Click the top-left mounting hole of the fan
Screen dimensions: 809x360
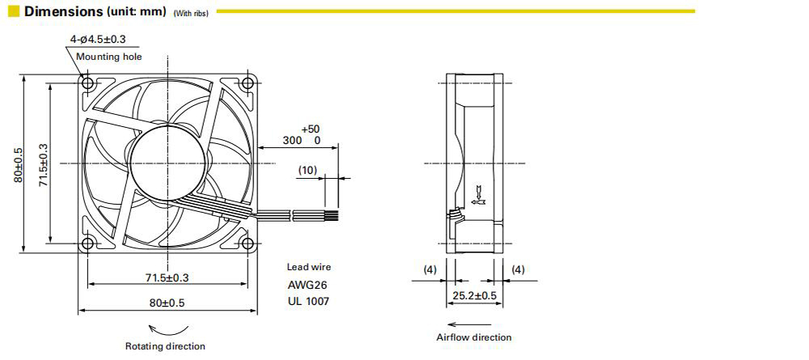coord(87,83)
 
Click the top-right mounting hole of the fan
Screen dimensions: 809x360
coord(248,83)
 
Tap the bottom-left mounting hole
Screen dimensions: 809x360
coord(87,243)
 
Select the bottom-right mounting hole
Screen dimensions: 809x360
coord(248,243)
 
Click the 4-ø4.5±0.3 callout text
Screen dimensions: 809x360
coord(98,40)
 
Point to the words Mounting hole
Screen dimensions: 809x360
coord(109,56)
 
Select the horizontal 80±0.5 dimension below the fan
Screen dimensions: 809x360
coord(167,303)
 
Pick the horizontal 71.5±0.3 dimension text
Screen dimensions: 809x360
coord(167,277)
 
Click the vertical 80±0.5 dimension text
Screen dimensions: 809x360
coord(19,164)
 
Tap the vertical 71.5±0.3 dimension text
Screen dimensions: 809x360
coord(44,164)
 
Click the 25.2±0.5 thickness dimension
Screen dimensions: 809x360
coord(475,295)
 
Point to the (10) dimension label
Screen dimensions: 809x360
coord(307,170)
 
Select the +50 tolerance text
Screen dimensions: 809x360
coord(311,129)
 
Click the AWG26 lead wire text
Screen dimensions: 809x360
coord(307,285)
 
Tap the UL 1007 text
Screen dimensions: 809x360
coord(308,301)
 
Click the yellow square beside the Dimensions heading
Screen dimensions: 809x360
coord(14,11)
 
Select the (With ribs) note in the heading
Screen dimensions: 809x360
coord(191,14)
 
